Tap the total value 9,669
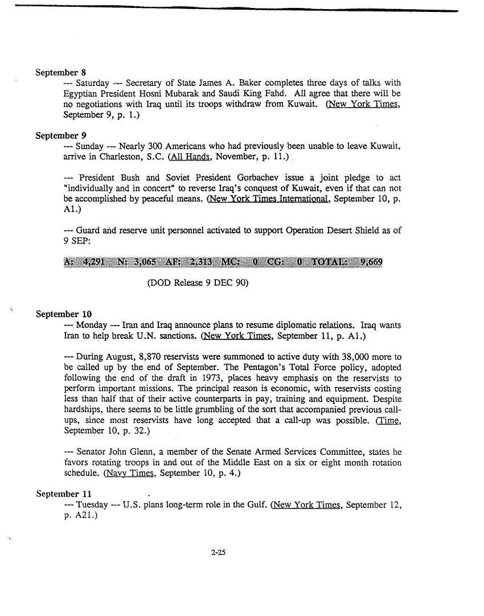pyautogui.click(x=371, y=262)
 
